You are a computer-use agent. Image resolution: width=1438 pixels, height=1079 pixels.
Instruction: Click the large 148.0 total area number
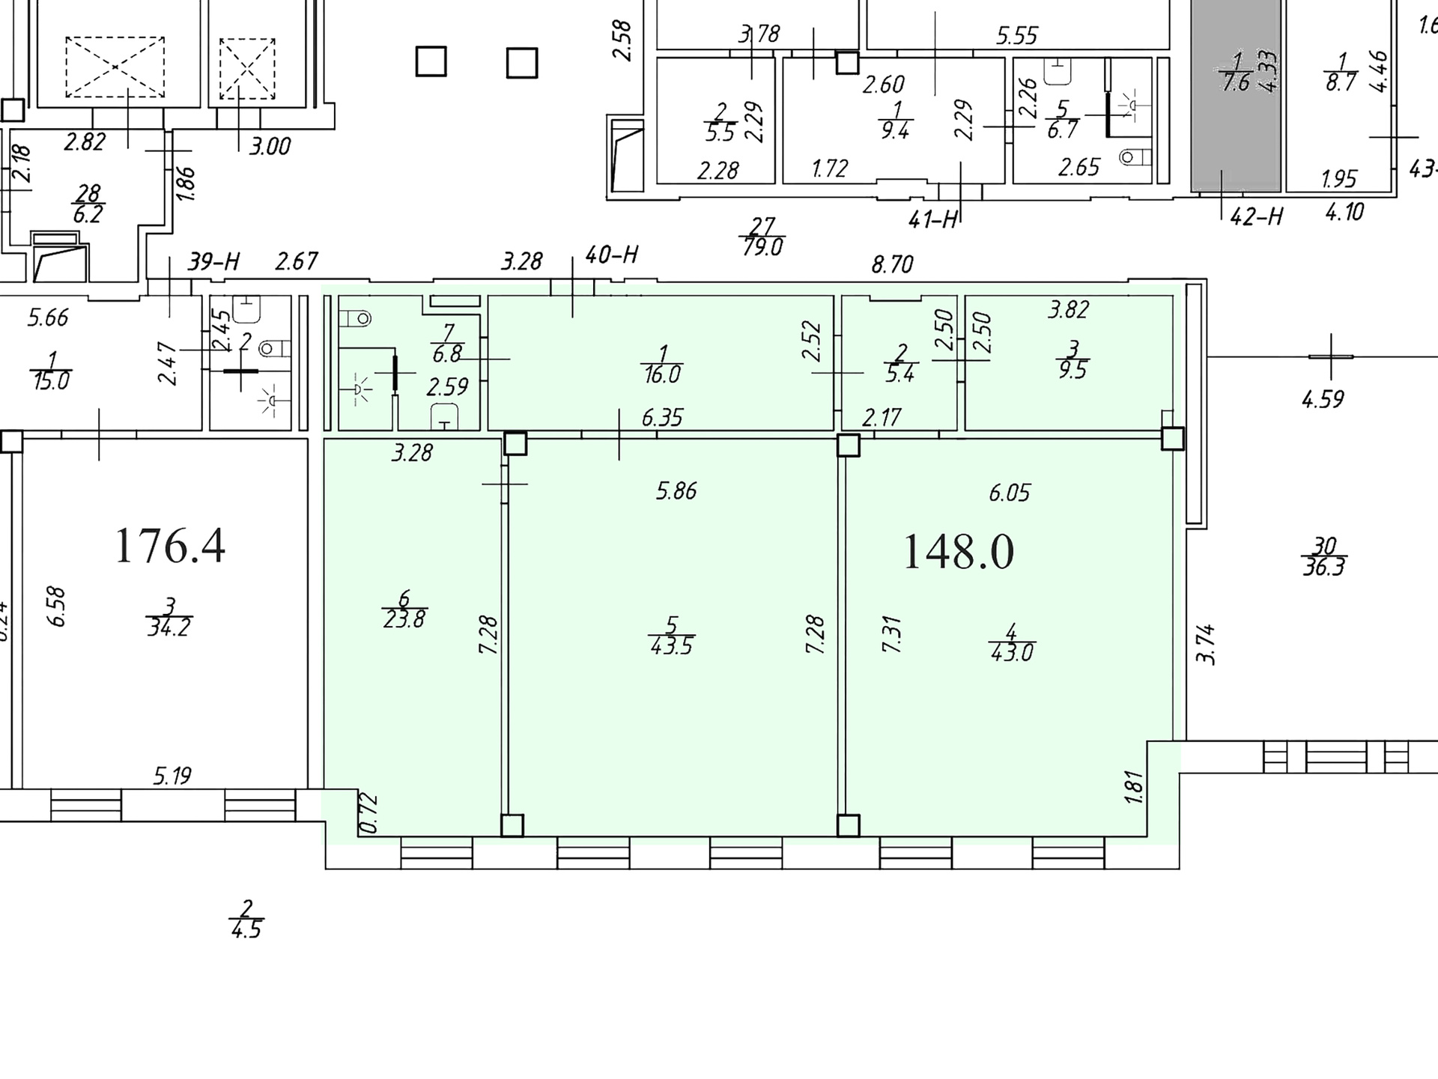959,552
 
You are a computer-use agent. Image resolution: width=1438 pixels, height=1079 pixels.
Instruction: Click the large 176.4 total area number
170,545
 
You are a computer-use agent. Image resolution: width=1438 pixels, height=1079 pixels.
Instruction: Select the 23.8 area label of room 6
404,619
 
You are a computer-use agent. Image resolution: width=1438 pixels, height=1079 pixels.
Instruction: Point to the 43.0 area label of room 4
1012,652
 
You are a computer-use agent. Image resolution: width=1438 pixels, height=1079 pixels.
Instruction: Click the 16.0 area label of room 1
661,374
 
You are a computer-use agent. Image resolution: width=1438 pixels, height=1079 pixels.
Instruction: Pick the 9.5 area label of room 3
1073,370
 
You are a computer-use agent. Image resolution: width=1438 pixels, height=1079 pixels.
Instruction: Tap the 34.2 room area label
169,627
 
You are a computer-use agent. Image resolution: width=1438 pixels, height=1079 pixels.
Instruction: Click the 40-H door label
611,255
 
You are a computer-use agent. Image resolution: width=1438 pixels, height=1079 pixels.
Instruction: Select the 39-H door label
213,261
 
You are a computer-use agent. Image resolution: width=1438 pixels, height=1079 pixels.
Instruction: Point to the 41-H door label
933,219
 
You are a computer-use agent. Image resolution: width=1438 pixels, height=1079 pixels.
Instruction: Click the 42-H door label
1257,216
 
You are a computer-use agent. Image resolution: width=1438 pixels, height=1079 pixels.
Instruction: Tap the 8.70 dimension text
892,264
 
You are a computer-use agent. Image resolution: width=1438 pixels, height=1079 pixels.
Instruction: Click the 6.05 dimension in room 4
1010,493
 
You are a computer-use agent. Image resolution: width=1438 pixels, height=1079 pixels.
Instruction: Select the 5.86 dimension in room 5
676,490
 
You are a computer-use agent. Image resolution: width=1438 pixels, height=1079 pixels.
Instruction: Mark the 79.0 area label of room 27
762,246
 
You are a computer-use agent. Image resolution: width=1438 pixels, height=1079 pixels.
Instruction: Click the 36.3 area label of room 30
1324,567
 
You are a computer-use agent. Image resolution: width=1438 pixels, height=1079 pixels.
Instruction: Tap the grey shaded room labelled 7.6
1236,96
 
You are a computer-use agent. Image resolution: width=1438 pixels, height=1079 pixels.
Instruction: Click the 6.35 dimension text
662,417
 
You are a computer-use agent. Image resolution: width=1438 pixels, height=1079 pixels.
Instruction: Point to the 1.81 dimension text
1134,788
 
